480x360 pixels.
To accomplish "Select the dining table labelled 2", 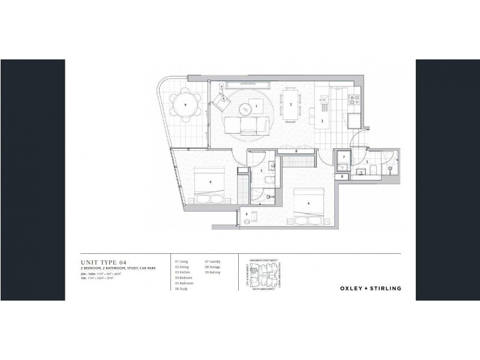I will coord(291,104).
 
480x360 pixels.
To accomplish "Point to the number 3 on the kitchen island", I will coord(323,121).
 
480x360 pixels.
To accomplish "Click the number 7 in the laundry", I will coord(344,157).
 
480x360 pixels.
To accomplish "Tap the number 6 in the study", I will coord(246,214).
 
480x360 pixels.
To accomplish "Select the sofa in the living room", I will coord(246,126).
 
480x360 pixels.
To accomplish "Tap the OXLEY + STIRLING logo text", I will coord(370,288).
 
